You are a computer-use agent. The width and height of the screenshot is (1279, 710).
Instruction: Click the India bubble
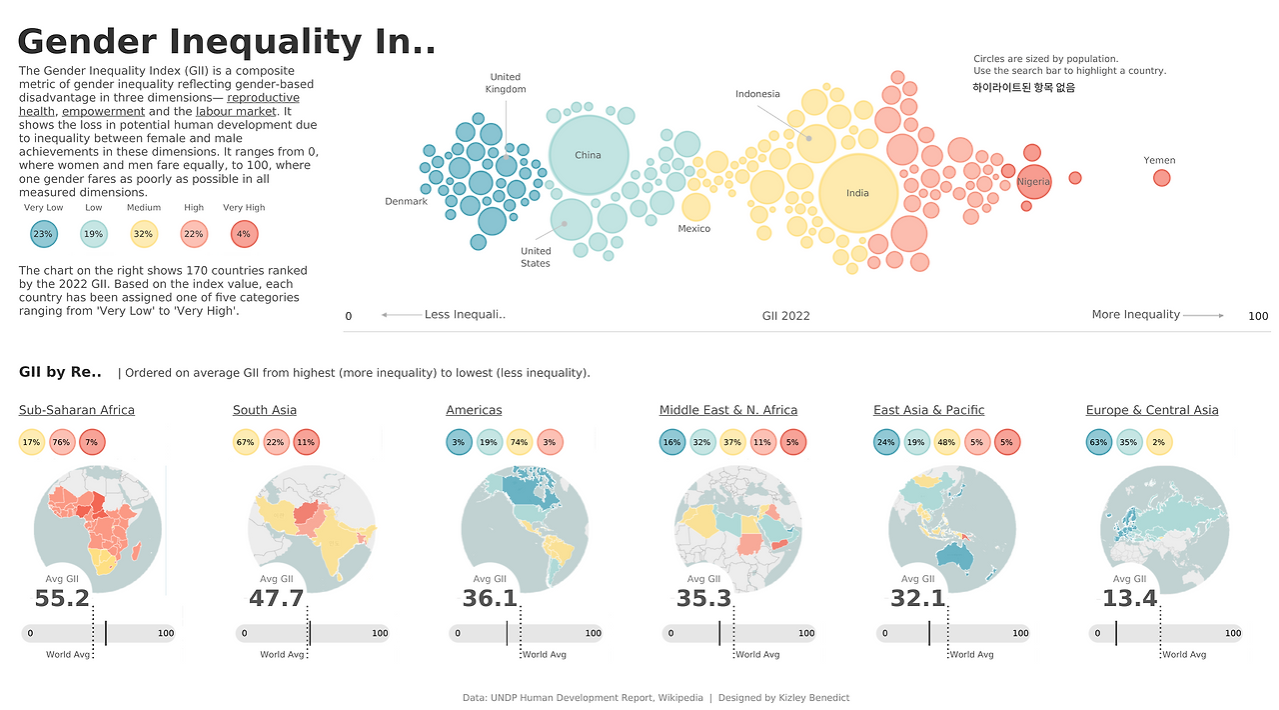857,194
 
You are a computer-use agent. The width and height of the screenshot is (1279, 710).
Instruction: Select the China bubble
589,155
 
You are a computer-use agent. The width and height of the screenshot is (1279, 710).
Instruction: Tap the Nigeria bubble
1034,182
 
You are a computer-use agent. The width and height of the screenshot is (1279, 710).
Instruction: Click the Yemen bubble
1161,178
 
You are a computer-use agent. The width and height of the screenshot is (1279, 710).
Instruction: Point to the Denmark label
406,202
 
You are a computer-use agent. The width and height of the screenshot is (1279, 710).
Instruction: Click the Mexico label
693,229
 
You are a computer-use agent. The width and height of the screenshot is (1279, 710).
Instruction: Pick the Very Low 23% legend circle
43,234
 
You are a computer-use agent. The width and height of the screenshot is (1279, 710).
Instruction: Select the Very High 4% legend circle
244,234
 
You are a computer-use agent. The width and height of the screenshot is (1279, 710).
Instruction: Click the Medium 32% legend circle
144,234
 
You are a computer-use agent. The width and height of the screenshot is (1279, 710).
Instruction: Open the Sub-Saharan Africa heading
77,410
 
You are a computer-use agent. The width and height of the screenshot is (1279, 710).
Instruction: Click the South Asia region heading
265,410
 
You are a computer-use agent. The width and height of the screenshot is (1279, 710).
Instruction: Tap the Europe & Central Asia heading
1152,410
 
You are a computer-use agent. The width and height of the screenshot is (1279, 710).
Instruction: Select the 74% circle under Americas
520,442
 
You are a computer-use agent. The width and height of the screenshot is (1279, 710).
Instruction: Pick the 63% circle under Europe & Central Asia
1099,442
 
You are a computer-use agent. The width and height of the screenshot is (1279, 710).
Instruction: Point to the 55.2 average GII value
62,599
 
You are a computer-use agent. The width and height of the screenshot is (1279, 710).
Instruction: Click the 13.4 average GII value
1129,599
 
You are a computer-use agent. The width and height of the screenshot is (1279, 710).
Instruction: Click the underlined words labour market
236,112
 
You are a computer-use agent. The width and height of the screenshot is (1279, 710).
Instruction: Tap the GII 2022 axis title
785,316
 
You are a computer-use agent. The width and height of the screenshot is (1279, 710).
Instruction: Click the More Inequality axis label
1135,315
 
